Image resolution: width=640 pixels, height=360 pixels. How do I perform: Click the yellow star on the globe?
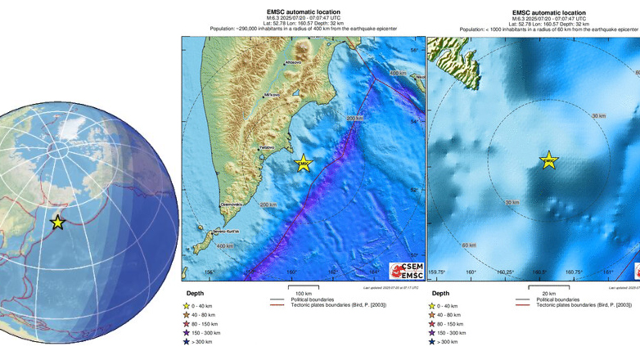click(x=57, y=222)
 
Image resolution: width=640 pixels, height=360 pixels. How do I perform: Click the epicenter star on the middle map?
click(x=304, y=164)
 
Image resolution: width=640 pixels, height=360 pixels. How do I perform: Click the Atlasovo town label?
click(x=293, y=61)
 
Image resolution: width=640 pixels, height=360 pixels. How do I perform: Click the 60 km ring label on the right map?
click(x=469, y=245)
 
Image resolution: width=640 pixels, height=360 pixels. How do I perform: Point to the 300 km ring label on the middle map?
click(x=354, y=119)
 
